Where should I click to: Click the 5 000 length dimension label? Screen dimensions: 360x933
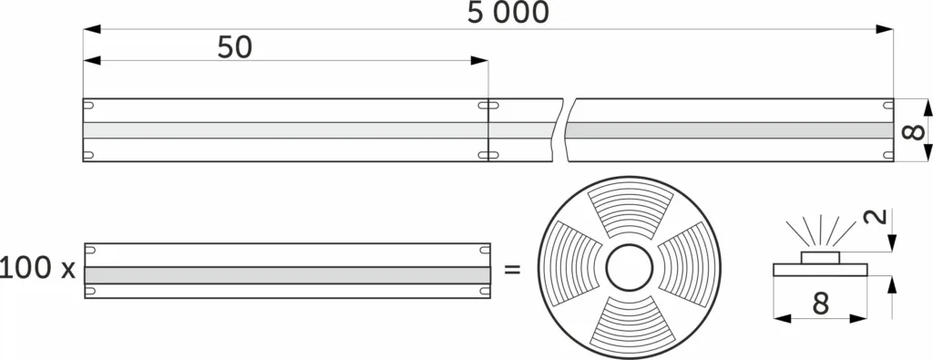click(x=508, y=13)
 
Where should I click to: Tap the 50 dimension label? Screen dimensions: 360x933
click(x=234, y=47)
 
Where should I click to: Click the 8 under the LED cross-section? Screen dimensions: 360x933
click(x=820, y=303)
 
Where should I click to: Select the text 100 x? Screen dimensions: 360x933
click(x=37, y=269)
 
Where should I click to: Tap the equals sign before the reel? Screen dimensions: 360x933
click(x=513, y=270)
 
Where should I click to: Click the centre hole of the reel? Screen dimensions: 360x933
click(x=629, y=270)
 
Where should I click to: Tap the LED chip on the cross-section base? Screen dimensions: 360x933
click(x=820, y=257)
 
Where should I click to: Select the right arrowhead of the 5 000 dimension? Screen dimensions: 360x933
click(x=885, y=29)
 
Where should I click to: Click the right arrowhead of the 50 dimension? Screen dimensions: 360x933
click(x=480, y=61)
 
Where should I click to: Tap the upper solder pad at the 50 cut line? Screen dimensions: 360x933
click(x=488, y=107)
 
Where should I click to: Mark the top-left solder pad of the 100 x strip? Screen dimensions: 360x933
click(x=90, y=250)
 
